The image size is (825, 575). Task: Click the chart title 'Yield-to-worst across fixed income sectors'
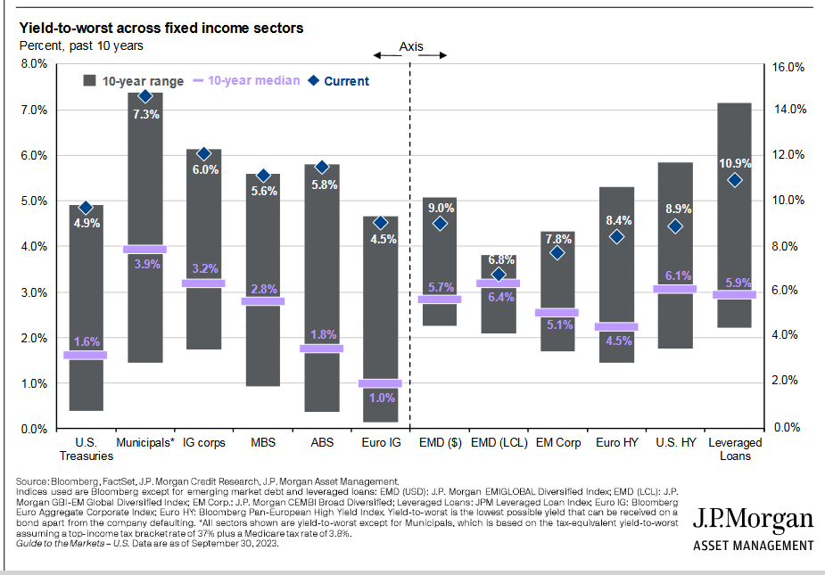[x=161, y=28]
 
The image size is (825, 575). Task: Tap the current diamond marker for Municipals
[x=145, y=96]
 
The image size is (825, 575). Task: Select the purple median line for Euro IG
[x=380, y=383]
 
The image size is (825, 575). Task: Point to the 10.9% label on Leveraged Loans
[x=735, y=163]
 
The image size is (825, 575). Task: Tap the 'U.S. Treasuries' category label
[x=87, y=448]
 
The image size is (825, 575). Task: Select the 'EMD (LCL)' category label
[x=498, y=442]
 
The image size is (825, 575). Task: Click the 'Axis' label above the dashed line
[x=410, y=46]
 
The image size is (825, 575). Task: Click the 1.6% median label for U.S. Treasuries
[x=87, y=341]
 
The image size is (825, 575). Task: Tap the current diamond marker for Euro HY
[x=617, y=237]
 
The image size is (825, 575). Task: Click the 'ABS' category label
[x=321, y=442]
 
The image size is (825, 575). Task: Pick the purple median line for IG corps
[x=203, y=283]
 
